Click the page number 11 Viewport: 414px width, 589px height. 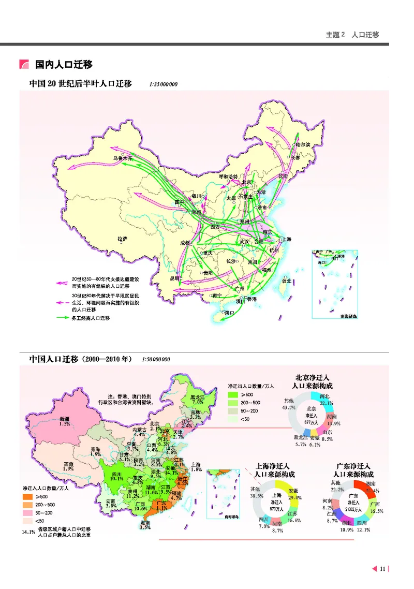point(382,569)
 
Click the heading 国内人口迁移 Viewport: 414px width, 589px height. point(64,65)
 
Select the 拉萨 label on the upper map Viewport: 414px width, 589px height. point(122,239)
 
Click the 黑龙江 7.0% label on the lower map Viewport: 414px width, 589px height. point(196,399)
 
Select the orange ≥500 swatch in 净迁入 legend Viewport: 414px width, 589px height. point(28,496)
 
